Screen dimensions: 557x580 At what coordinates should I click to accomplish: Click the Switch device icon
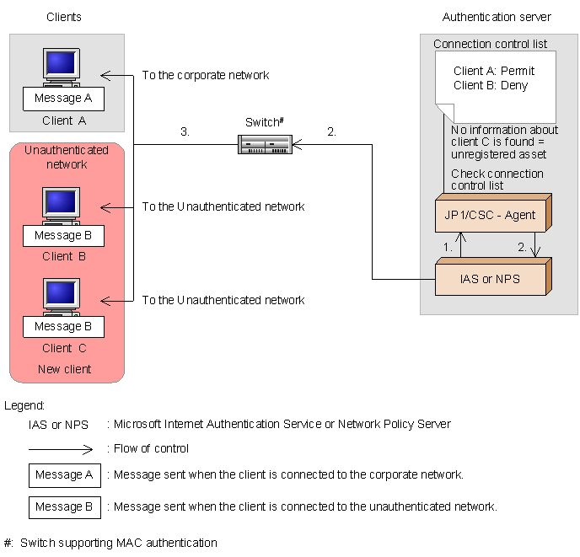coord(265,145)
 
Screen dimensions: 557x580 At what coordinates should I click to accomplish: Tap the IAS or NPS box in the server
coord(490,278)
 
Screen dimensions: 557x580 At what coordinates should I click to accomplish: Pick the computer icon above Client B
coord(62,206)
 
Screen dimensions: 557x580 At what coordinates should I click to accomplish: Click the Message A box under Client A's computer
coord(63,99)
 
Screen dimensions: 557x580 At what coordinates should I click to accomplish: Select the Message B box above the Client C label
coord(63,326)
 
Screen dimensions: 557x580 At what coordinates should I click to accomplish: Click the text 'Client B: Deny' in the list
coord(491,85)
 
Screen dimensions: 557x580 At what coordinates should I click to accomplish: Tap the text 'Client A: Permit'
coord(494,71)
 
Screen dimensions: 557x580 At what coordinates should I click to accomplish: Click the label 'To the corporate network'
coord(205,75)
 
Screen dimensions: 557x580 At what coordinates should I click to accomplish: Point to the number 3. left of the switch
coord(185,132)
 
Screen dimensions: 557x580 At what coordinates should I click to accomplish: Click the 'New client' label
coord(64,369)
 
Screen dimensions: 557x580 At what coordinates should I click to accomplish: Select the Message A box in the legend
coord(64,474)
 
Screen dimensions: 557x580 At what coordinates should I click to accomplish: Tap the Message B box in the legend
coord(64,506)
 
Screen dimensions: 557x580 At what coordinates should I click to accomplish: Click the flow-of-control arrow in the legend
coord(64,448)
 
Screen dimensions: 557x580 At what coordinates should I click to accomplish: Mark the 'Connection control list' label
coord(490,44)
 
